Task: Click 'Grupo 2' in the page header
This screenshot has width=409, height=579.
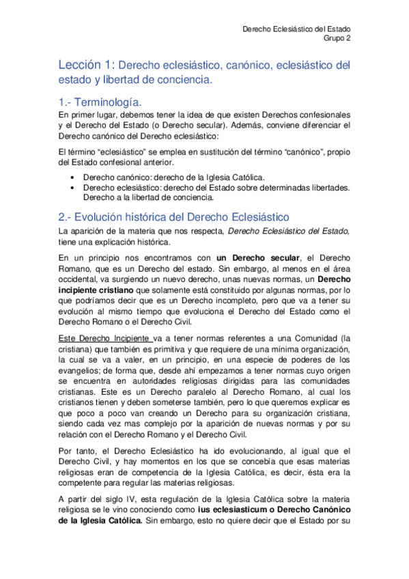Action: click(337, 40)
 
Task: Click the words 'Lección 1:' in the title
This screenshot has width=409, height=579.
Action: click(87, 66)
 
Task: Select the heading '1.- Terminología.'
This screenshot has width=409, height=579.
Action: click(100, 102)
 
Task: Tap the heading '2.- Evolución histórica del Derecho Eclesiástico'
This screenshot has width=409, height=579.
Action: click(175, 216)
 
